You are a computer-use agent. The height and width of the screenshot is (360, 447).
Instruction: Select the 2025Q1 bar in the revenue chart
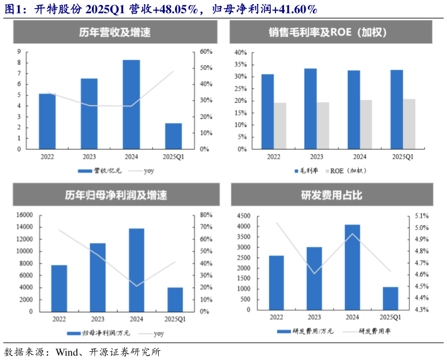(173, 136)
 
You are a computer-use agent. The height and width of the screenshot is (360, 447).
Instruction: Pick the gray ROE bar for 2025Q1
(409, 123)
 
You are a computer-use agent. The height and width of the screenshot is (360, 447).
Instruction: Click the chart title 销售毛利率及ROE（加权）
(331, 33)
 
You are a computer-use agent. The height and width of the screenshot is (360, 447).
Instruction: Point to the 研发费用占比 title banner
(331, 195)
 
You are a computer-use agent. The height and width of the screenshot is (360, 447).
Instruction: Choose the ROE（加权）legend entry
(347, 171)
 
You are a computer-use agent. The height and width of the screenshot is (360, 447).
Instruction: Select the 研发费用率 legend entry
(370, 332)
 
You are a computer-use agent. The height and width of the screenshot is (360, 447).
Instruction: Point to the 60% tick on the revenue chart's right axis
(207, 51)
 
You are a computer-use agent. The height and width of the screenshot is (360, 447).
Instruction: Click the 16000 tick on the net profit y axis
(24, 215)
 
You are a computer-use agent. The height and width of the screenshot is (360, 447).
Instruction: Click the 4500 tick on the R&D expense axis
(243, 216)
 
